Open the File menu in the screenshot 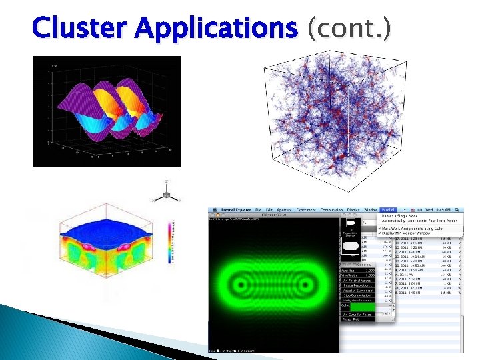tap(258, 210)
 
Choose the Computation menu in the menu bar tap(331, 210)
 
